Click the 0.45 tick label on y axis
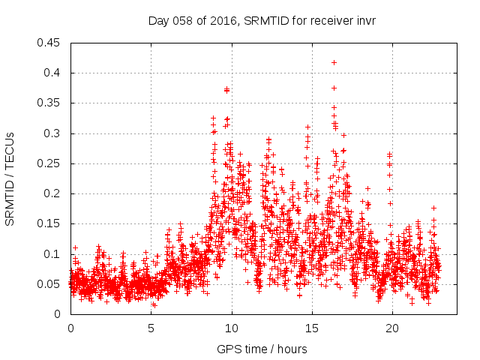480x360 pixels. point(50,43)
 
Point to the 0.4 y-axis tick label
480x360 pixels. point(53,73)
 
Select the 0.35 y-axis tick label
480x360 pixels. point(50,103)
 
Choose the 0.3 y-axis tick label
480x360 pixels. point(53,133)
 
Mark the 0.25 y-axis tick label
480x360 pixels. point(50,163)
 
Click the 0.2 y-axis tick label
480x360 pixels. point(53,193)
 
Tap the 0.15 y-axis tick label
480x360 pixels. point(50,223)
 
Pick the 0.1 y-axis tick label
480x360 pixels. point(53,254)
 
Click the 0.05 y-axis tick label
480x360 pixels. point(50,284)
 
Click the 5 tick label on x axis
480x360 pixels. point(151,328)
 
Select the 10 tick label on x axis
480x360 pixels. point(232,328)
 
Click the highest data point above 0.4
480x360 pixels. point(334,62)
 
